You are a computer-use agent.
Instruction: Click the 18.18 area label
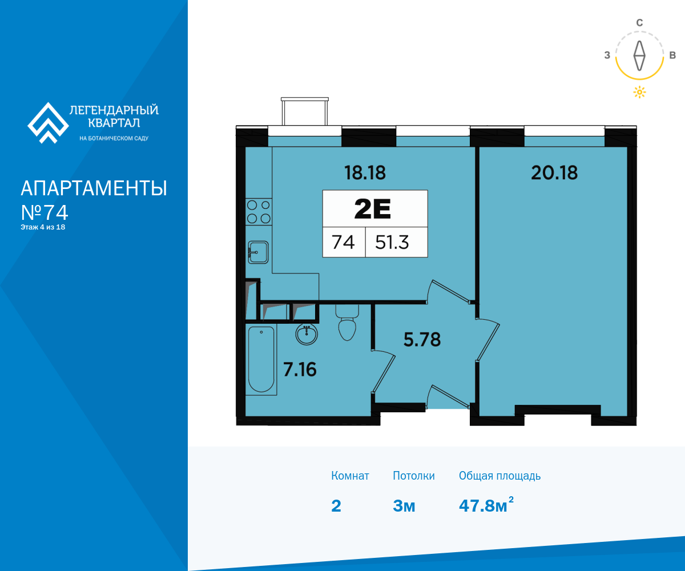click(x=365, y=172)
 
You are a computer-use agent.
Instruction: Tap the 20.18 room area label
click(x=554, y=172)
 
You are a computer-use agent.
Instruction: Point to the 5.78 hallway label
click(x=422, y=340)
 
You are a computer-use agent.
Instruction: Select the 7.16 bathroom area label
click(x=300, y=369)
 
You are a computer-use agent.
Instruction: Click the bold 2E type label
click(x=373, y=209)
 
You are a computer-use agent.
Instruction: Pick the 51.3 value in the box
click(x=392, y=243)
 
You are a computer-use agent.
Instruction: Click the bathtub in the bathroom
click(x=261, y=359)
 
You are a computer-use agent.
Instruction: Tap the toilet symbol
click(x=347, y=323)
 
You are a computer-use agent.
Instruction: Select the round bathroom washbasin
click(x=307, y=335)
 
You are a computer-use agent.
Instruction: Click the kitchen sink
click(x=258, y=252)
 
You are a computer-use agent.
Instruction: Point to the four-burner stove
click(x=259, y=212)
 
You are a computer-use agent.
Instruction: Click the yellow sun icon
click(x=639, y=92)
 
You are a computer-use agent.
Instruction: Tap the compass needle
click(x=639, y=55)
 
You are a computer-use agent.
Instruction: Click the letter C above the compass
click(x=639, y=23)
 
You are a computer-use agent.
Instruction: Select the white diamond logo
click(x=48, y=123)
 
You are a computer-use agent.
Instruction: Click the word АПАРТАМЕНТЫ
click(x=94, y=188)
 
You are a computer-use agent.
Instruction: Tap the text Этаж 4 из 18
click(x=43, y=227)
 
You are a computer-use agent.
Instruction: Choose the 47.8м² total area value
click(x=486, y=505)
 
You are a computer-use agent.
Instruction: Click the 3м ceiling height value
click(x=404, y=506)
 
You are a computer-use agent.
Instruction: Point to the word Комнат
click(x=350, y=476)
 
